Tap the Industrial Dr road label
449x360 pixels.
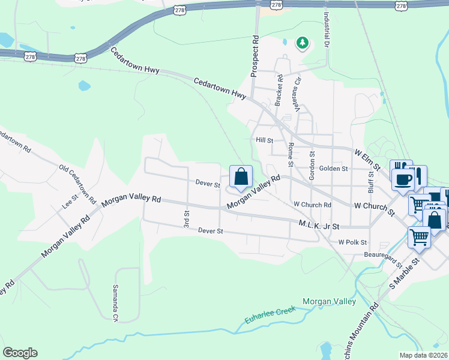(x=327, y=32)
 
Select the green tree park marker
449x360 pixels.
(x=303, y=43)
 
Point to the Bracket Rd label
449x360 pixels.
(x=279, y=91)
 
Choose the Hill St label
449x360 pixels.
(x=265, y=140)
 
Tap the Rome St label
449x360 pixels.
(x=291, y=154)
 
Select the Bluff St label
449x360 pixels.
(x=372, y=180)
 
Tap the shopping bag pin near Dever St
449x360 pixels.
(x=241, y=176)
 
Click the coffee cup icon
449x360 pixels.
(x=401, y=178)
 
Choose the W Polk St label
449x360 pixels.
(x=352, y=242)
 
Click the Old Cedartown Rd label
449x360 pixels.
(x=78, y=182)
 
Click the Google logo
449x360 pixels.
(x=20, y=352)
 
